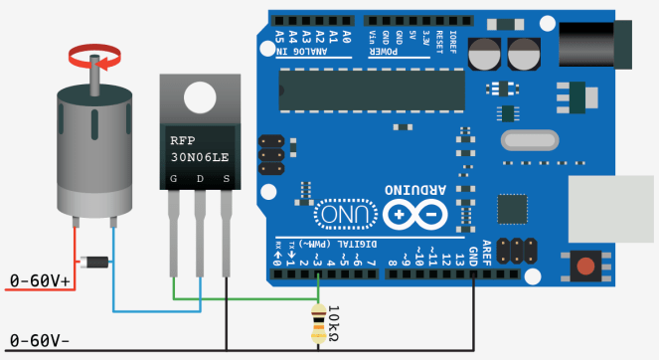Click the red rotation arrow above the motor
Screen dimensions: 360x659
[97, 53]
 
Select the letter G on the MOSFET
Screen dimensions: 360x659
[174, 179]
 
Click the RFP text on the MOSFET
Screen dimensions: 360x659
[184, 140]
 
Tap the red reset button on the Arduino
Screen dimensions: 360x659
[586, 267]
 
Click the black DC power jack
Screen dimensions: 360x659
[595, 45]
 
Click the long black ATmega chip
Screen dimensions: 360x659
[371, 90]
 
